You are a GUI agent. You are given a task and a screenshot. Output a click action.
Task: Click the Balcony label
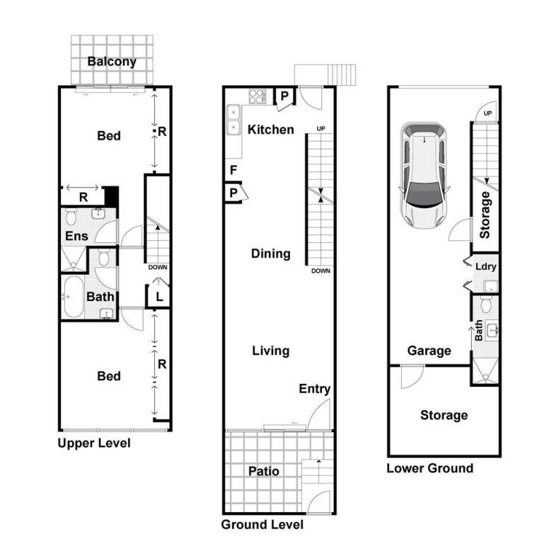(x=112, y=62)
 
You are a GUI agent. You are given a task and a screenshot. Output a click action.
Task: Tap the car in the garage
(x=424, y=175)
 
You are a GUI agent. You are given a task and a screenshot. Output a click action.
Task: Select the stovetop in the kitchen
(x=258, y=96)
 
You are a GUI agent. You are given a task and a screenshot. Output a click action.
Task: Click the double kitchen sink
(x=234, y=120)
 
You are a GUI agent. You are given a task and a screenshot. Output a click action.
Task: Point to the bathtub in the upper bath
(x=73, y=297)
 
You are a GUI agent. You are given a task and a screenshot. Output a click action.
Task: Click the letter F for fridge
(x=234, y=170)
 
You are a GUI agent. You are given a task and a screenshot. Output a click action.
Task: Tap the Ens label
(x=76, y=236)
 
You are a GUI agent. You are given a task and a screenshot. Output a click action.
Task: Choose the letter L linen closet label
(x=159, y=297)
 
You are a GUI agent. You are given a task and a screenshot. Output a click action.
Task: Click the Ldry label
(x=485, y=266)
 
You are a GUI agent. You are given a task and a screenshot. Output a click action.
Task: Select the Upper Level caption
(x=94, y=443)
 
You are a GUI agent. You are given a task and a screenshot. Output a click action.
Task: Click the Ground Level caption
(x=262, y=524)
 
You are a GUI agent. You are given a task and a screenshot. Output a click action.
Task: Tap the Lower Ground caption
(x=430, y=468)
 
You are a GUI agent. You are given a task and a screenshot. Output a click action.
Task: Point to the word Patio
(x=263, y=471)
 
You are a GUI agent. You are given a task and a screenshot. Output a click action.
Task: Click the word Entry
(x=314, y=389)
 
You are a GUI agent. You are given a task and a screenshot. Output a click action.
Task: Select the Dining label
(x=270, y=254)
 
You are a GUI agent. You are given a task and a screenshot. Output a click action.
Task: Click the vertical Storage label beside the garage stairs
(x=485, y=215)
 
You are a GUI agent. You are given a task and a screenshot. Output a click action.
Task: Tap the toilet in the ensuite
(x=71, y=217)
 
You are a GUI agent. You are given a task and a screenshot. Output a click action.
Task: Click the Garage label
(x=429, y=351)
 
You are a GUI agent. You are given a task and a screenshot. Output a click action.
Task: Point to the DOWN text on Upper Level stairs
(x=158, y=267)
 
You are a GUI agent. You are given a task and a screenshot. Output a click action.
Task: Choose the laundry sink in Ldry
(x=490, y=286)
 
